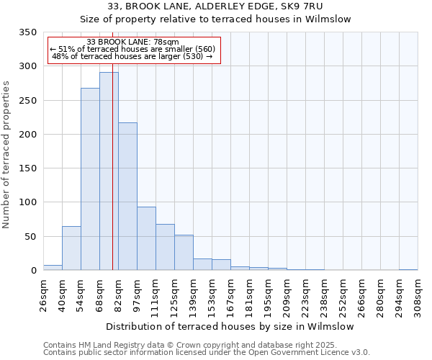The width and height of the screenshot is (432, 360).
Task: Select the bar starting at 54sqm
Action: coord(90,179)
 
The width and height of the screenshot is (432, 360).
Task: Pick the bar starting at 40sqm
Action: coord(71,248)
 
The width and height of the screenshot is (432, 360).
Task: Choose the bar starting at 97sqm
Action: coord(146,238)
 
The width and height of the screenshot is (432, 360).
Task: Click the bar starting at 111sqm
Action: coord(165,247)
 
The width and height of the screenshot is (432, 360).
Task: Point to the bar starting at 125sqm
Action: coord(184,253)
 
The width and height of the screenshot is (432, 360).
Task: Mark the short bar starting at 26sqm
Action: coord(53,267)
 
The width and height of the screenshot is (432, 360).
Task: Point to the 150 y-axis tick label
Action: coord(27,168)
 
